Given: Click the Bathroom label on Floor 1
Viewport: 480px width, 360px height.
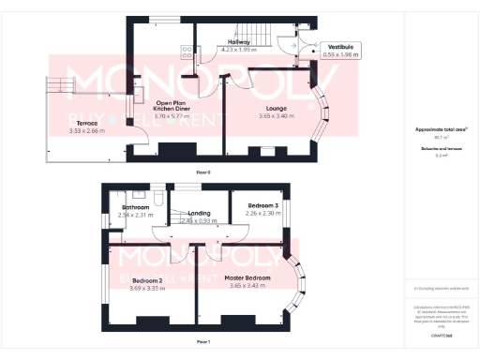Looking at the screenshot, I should point(135,208).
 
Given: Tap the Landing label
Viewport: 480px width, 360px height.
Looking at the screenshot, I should point(199,213).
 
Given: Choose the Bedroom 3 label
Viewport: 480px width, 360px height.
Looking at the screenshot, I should point(263,205).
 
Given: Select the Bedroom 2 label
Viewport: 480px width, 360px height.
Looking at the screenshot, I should point(148,280).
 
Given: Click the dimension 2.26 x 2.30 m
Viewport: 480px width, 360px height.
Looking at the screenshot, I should point(263,213).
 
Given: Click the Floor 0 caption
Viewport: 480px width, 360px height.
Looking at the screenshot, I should point(203,172).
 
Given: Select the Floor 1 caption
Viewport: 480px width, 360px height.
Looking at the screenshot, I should point(203,341).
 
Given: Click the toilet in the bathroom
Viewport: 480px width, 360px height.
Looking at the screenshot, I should point(160,200).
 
